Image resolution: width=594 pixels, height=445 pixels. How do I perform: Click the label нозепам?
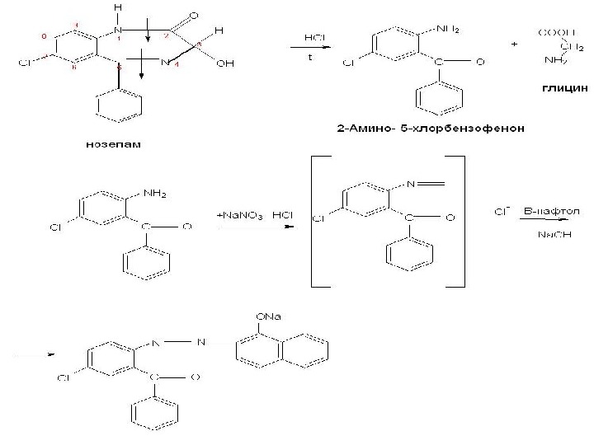coord(115,144)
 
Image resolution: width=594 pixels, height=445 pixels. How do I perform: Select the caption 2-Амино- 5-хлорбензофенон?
coord(432,129)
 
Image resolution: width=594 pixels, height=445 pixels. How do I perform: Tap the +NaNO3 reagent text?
coord(240,215)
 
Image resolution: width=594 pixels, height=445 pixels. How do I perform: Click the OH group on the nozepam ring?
coord(224,63)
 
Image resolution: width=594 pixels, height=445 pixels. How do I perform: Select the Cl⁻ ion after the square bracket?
coord(499,212)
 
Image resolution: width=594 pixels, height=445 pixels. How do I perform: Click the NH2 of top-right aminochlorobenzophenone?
coord(445,30)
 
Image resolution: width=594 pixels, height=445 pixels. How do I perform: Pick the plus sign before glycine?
coord(515,44)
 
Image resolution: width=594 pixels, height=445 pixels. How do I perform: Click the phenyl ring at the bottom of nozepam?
coord(120,106)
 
